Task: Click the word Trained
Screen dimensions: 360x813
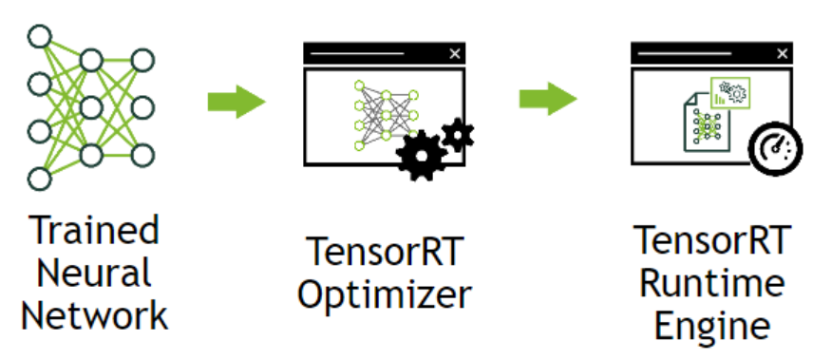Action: (94, 231)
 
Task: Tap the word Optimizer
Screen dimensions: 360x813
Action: (383, 294)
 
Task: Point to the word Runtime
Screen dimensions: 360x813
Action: (711, 282)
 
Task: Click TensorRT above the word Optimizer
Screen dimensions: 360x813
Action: (383, 251)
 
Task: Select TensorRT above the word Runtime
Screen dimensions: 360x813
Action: (711, 240)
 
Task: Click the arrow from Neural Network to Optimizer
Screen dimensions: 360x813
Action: (236, 99)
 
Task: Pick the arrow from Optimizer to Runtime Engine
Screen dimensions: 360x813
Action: (548, 99)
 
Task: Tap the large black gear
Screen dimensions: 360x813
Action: (421, 155)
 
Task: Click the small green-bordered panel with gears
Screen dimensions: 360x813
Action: (730, 92)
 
